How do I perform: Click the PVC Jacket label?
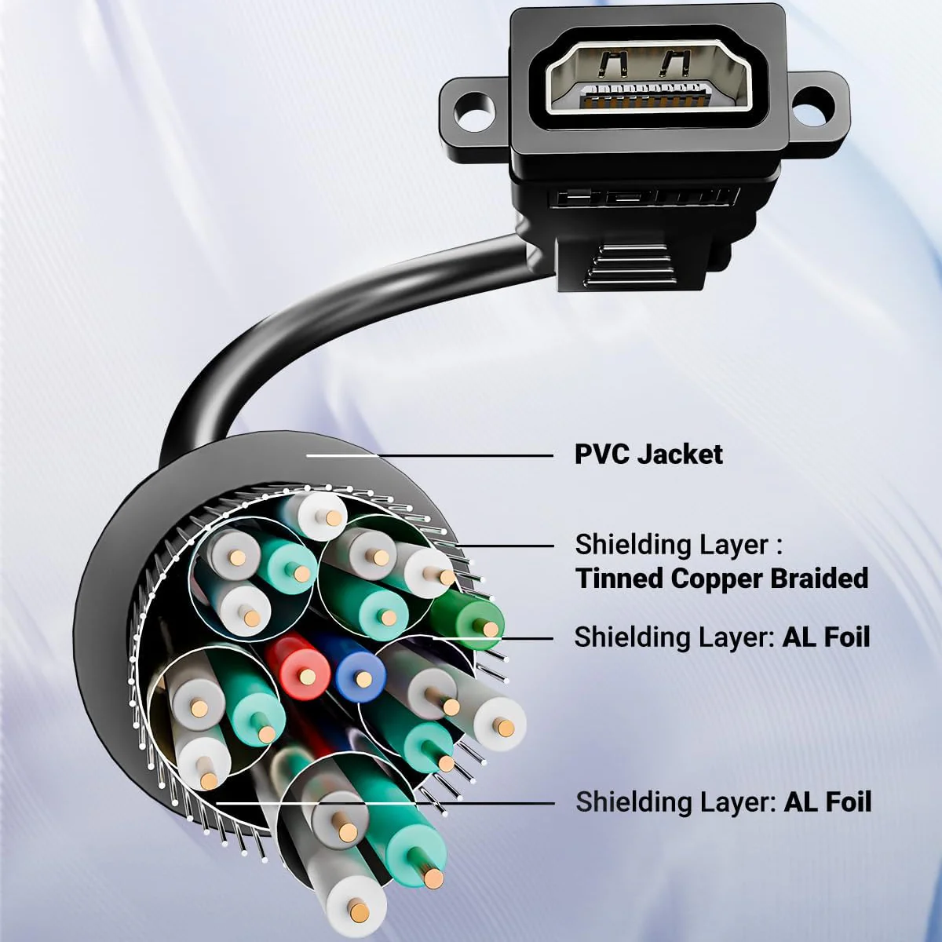click(648, 455)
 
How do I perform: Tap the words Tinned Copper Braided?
click(722, 579)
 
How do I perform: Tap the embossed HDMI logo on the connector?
click(646, 199)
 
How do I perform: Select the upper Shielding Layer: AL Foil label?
click(722, 638)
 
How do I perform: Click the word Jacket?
click(681, 455)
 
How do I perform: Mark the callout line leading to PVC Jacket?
click(429, 455)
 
